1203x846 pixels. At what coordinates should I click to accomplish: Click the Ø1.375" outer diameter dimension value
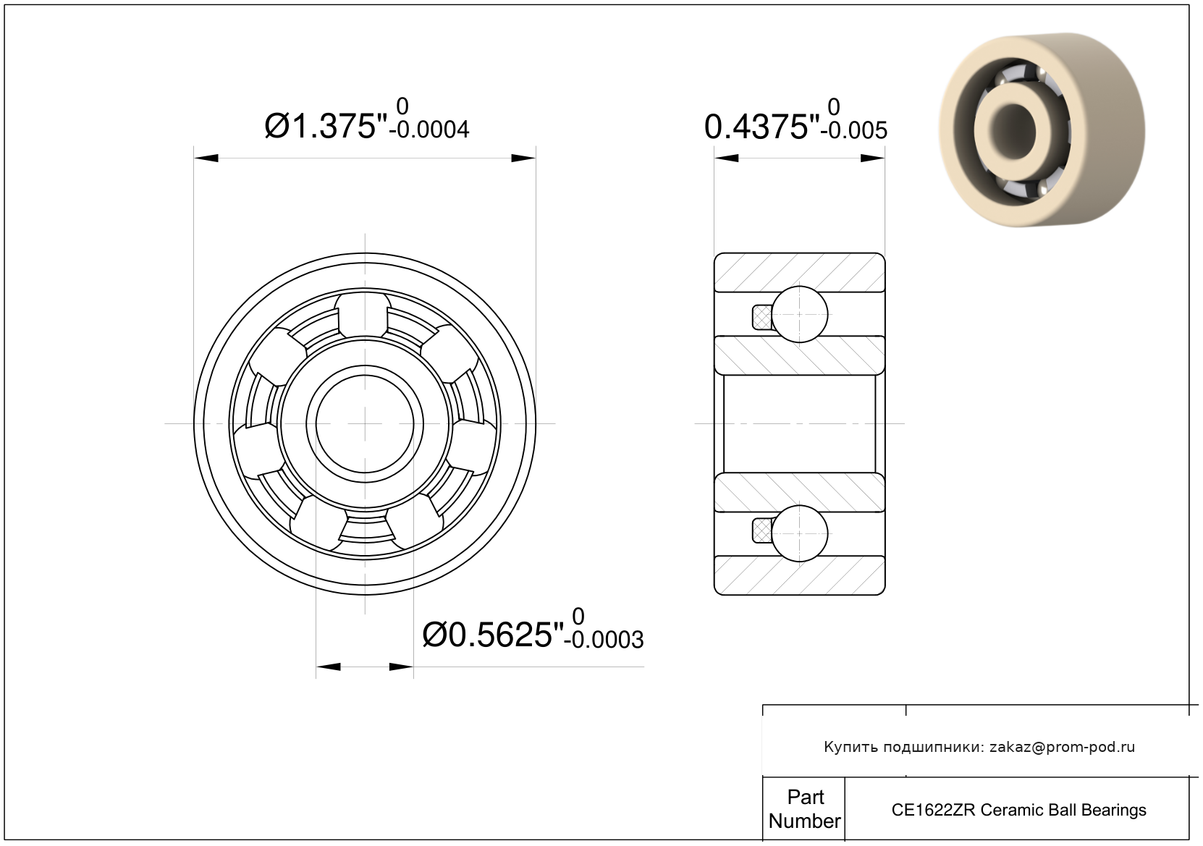coord(326,127)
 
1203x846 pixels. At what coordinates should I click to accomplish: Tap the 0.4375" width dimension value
coord(761,127)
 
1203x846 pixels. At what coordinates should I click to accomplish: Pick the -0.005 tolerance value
coord(854,130)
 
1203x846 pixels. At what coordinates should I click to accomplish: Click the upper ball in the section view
coord(800,314)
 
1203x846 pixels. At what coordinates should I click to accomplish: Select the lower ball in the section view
coord(800,533)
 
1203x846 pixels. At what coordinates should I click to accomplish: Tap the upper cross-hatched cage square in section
coord(762,317)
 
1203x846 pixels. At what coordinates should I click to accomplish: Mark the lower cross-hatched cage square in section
coord(762,531)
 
